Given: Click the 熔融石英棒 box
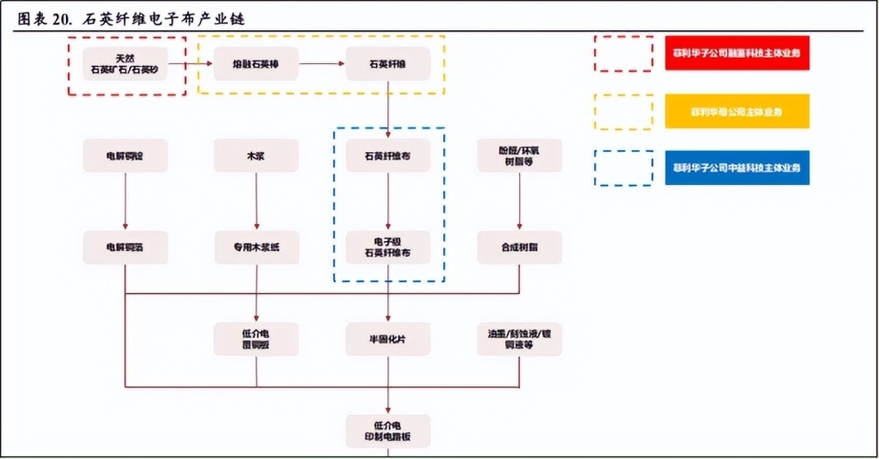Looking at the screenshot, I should (x=256, y=64).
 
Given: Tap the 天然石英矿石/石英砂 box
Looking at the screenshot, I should (x=126, y=64).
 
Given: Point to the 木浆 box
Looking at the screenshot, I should (x=256, y=156).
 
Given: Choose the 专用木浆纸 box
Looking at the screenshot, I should (x=256, y=247).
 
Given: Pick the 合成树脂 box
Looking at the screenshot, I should (x=519, y=247).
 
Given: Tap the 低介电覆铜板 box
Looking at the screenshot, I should (x=256, y=339).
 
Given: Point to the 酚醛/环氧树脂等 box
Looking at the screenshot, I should (x=519, y=156).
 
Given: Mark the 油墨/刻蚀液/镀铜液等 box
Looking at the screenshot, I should (x=519, y=339).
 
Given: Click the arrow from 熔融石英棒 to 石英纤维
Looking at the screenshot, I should (x=321, y=64).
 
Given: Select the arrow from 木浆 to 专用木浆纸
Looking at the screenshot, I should (x=256, y=202).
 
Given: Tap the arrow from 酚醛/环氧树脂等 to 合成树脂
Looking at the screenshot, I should (x=519, y=202).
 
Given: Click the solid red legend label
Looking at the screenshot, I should (x=737, y=54).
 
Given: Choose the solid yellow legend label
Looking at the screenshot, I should (x=737, y=111).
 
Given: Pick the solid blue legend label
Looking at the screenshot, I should (x=737, y=168).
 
